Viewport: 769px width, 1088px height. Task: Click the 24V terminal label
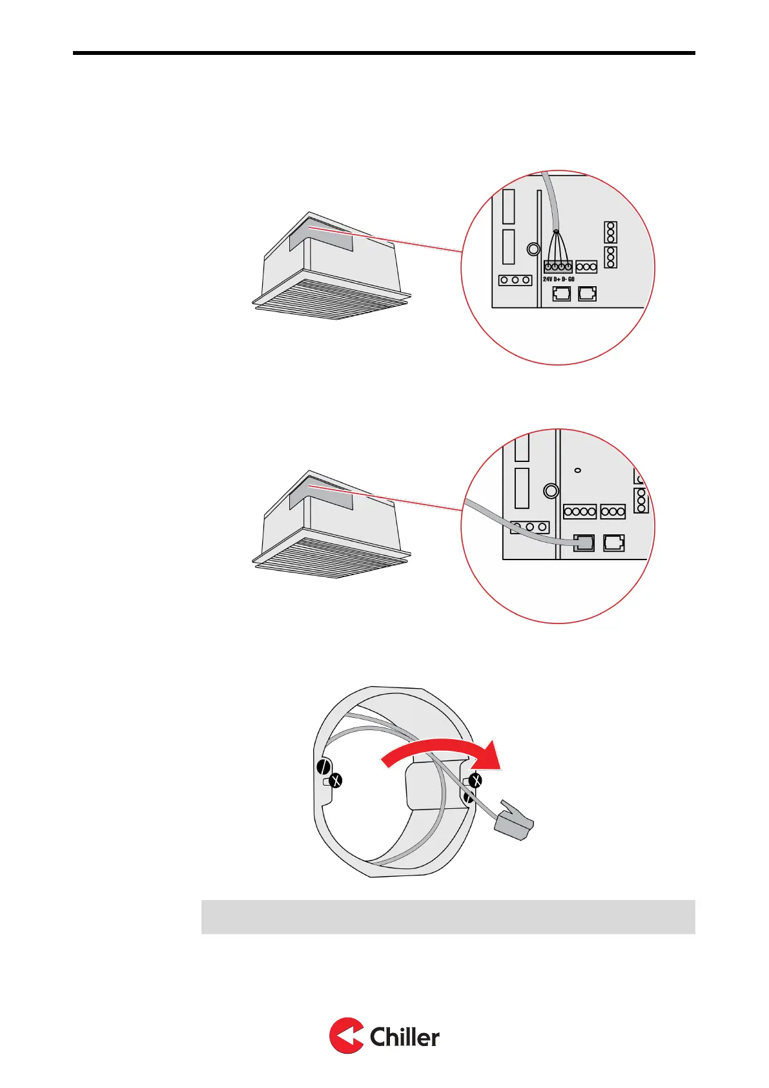[548, 279]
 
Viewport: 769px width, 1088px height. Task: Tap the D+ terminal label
[557, 279]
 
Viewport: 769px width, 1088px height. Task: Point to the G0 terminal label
[571, 279]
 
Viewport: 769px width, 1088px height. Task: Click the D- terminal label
[564, 279]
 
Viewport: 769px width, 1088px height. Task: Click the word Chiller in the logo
[404, 1037]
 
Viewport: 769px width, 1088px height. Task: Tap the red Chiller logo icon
[346, 1036]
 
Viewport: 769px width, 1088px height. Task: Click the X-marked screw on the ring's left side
[335, 781]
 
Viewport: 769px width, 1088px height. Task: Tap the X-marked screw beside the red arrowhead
[475, 781]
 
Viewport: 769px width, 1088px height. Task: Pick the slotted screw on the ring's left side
[322, 768]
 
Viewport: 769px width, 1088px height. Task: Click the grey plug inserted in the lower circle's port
[584, 543]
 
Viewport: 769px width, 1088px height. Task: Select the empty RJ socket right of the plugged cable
[613, 543]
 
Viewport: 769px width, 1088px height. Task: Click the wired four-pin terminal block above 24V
[558, 266]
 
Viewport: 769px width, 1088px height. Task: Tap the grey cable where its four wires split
[556, 233]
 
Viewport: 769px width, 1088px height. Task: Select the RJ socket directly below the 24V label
[562, 294]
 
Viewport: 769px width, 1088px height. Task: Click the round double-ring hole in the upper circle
[533, 249]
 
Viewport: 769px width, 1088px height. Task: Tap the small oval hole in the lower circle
[578, 470]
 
